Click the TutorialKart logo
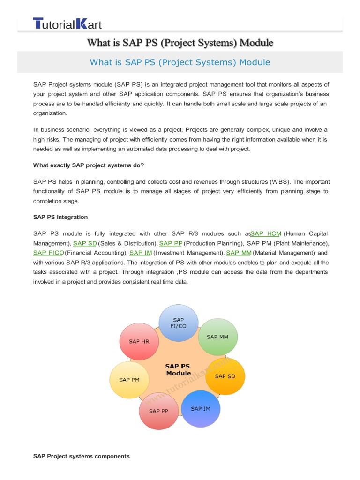(x=67, y=24)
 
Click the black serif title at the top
(x=180, y=43)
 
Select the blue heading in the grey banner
(x=180, y=62)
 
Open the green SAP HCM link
(x=265, y=233)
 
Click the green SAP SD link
(x=85, y=243)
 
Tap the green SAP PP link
(x=171, y=243)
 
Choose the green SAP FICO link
(x=48, y=253)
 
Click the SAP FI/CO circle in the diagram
(x=178, y=323)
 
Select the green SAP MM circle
(x=218, y=337)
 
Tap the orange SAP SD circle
(x=225, y=376)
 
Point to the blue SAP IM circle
(x=201, y=408)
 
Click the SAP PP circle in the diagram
(x=158, y=411)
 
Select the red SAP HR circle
(x=139, y=342)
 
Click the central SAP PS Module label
(x=178, y=369)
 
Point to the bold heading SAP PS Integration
(x=60, y=217)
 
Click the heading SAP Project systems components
(x=81, y=456)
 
